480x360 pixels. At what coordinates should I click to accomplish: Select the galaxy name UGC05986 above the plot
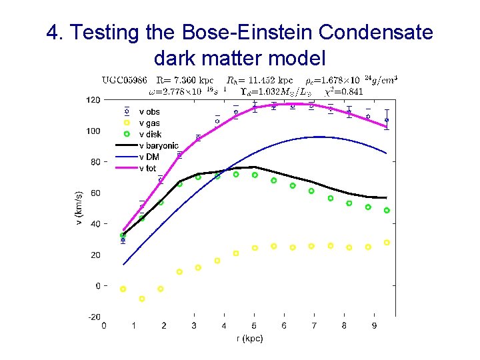pos(125,79)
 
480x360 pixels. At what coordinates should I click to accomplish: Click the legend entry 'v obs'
pos(149,112)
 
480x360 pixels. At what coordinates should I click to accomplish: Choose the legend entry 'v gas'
pos(149,123)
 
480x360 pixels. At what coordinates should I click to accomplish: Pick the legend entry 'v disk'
pos(150,135)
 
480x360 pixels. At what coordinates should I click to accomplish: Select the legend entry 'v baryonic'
pos(158,145)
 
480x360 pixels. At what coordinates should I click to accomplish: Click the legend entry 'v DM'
pos(149,157)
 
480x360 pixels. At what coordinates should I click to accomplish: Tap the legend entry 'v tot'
pos(148,168)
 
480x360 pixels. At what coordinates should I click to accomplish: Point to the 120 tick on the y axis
pos(93,100)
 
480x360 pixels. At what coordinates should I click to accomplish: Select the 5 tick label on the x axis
pos(254,326)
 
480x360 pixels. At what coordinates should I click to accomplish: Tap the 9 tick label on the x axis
pos(374,326)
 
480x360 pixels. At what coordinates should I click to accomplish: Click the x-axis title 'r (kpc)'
pos(250,339)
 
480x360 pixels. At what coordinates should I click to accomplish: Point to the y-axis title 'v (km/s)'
pos(79,207)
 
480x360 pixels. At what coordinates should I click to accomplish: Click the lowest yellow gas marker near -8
pos(141,299)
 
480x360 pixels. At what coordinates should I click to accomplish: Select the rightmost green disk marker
pos(387,211)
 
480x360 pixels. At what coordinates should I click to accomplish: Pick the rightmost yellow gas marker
pos(387,243)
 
